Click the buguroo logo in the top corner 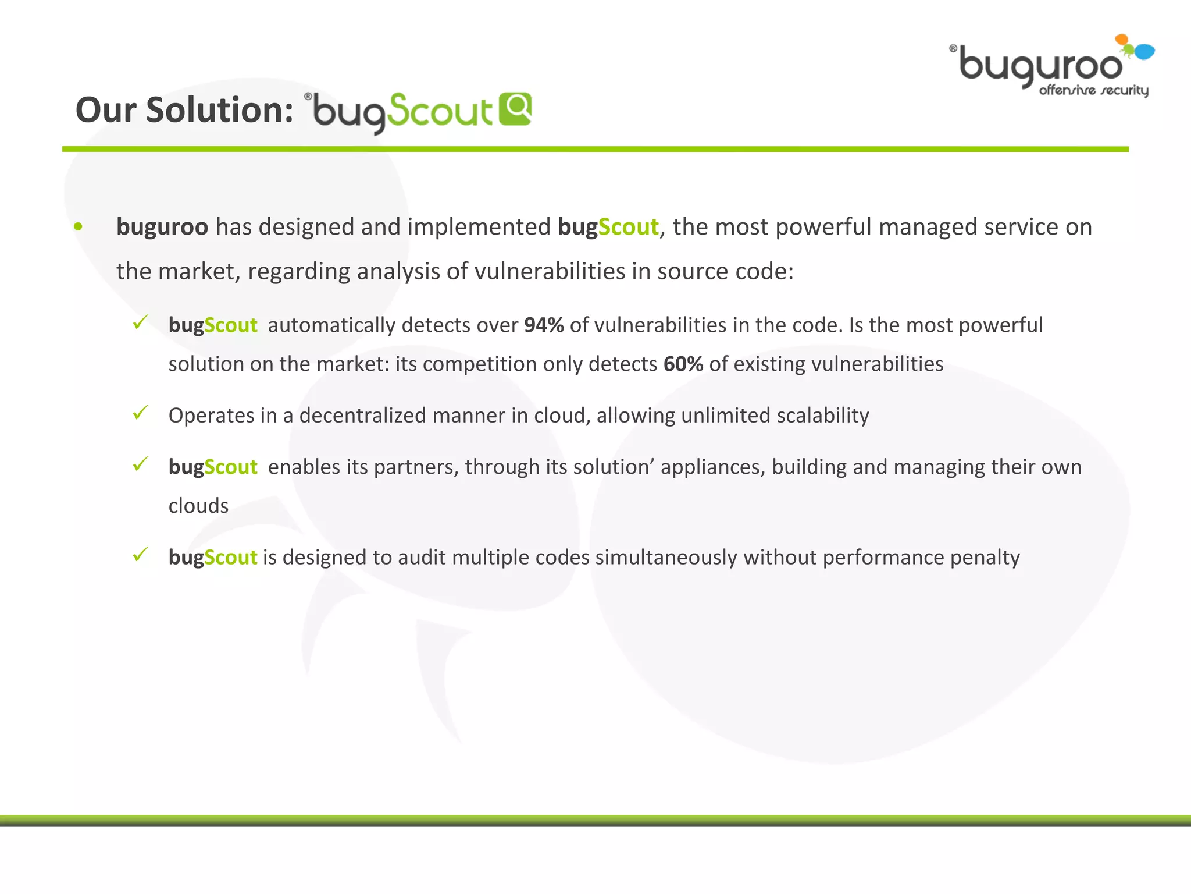point(1050,66)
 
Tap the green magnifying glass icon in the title point(515,108)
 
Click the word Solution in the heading point(220,110)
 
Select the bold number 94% point(544,325)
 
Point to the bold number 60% point(683,364)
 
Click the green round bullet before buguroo point(79,227)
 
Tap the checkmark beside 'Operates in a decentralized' point(141,413)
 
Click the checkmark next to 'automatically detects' point(141,322)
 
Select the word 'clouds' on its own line point(198,506)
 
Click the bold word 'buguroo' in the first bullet point(162,227)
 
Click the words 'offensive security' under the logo point(1093,91)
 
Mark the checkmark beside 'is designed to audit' point(141,555)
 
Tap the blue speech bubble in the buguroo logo point(1144,52)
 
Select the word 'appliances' point(712,467)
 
